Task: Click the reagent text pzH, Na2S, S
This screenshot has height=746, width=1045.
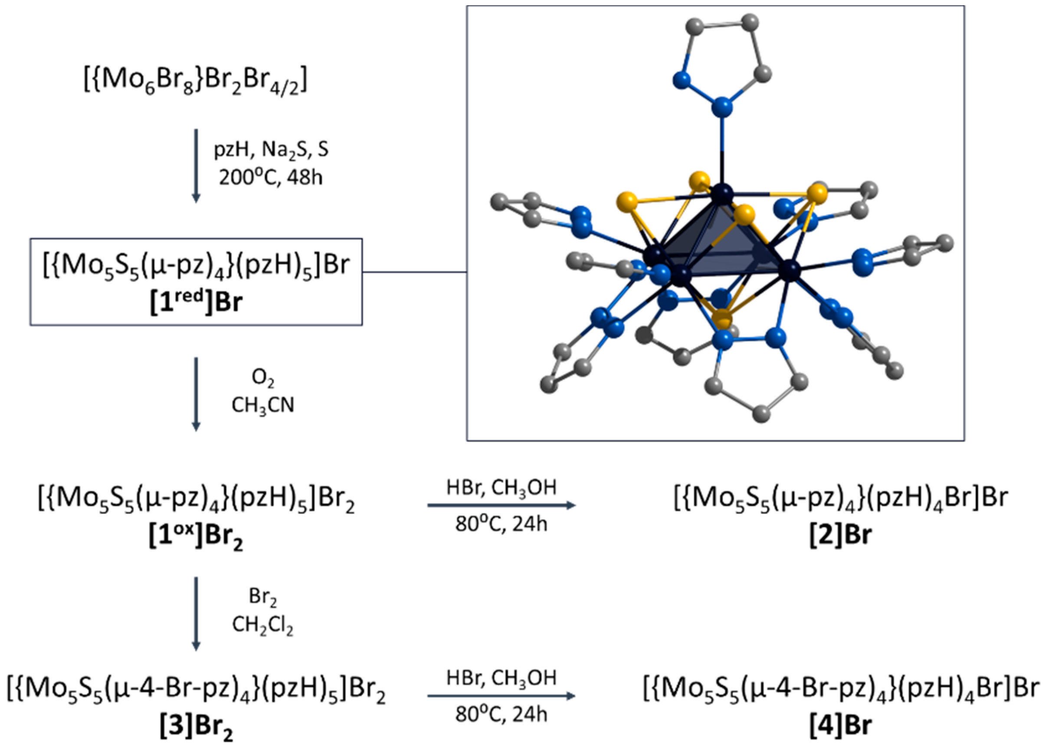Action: pos(272,150)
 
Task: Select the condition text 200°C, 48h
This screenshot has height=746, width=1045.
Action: pos(271,177)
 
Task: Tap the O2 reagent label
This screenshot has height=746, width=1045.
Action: pos(263,378)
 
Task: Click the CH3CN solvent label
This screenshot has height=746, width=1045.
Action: pos(263,405)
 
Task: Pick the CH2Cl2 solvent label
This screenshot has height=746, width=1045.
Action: pos(263,625)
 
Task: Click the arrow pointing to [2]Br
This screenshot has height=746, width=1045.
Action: pos(501,505)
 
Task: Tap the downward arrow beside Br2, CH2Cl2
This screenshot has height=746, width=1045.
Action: pos(196,613)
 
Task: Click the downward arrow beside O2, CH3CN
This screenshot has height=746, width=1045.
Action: pos(196,394)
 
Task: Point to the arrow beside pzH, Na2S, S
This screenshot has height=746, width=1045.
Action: pos(196,165)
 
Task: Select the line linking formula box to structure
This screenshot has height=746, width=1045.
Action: pos(414,272)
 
